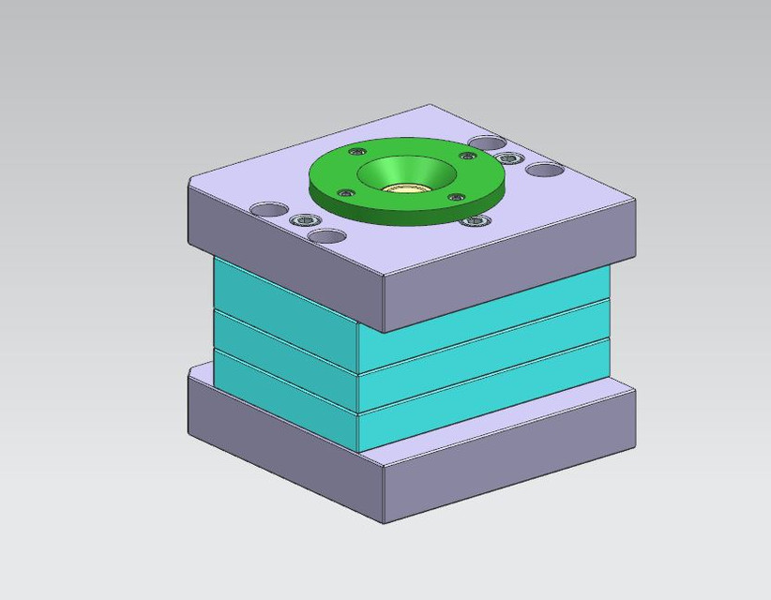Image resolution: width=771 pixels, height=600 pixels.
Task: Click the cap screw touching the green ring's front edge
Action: coord(476,221)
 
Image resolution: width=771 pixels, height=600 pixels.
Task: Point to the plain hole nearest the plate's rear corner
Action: coord(487,143)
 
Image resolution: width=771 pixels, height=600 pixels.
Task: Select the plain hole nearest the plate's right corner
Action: coord(545,171)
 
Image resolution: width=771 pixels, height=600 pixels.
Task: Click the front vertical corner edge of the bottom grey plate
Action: coord(385,491)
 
